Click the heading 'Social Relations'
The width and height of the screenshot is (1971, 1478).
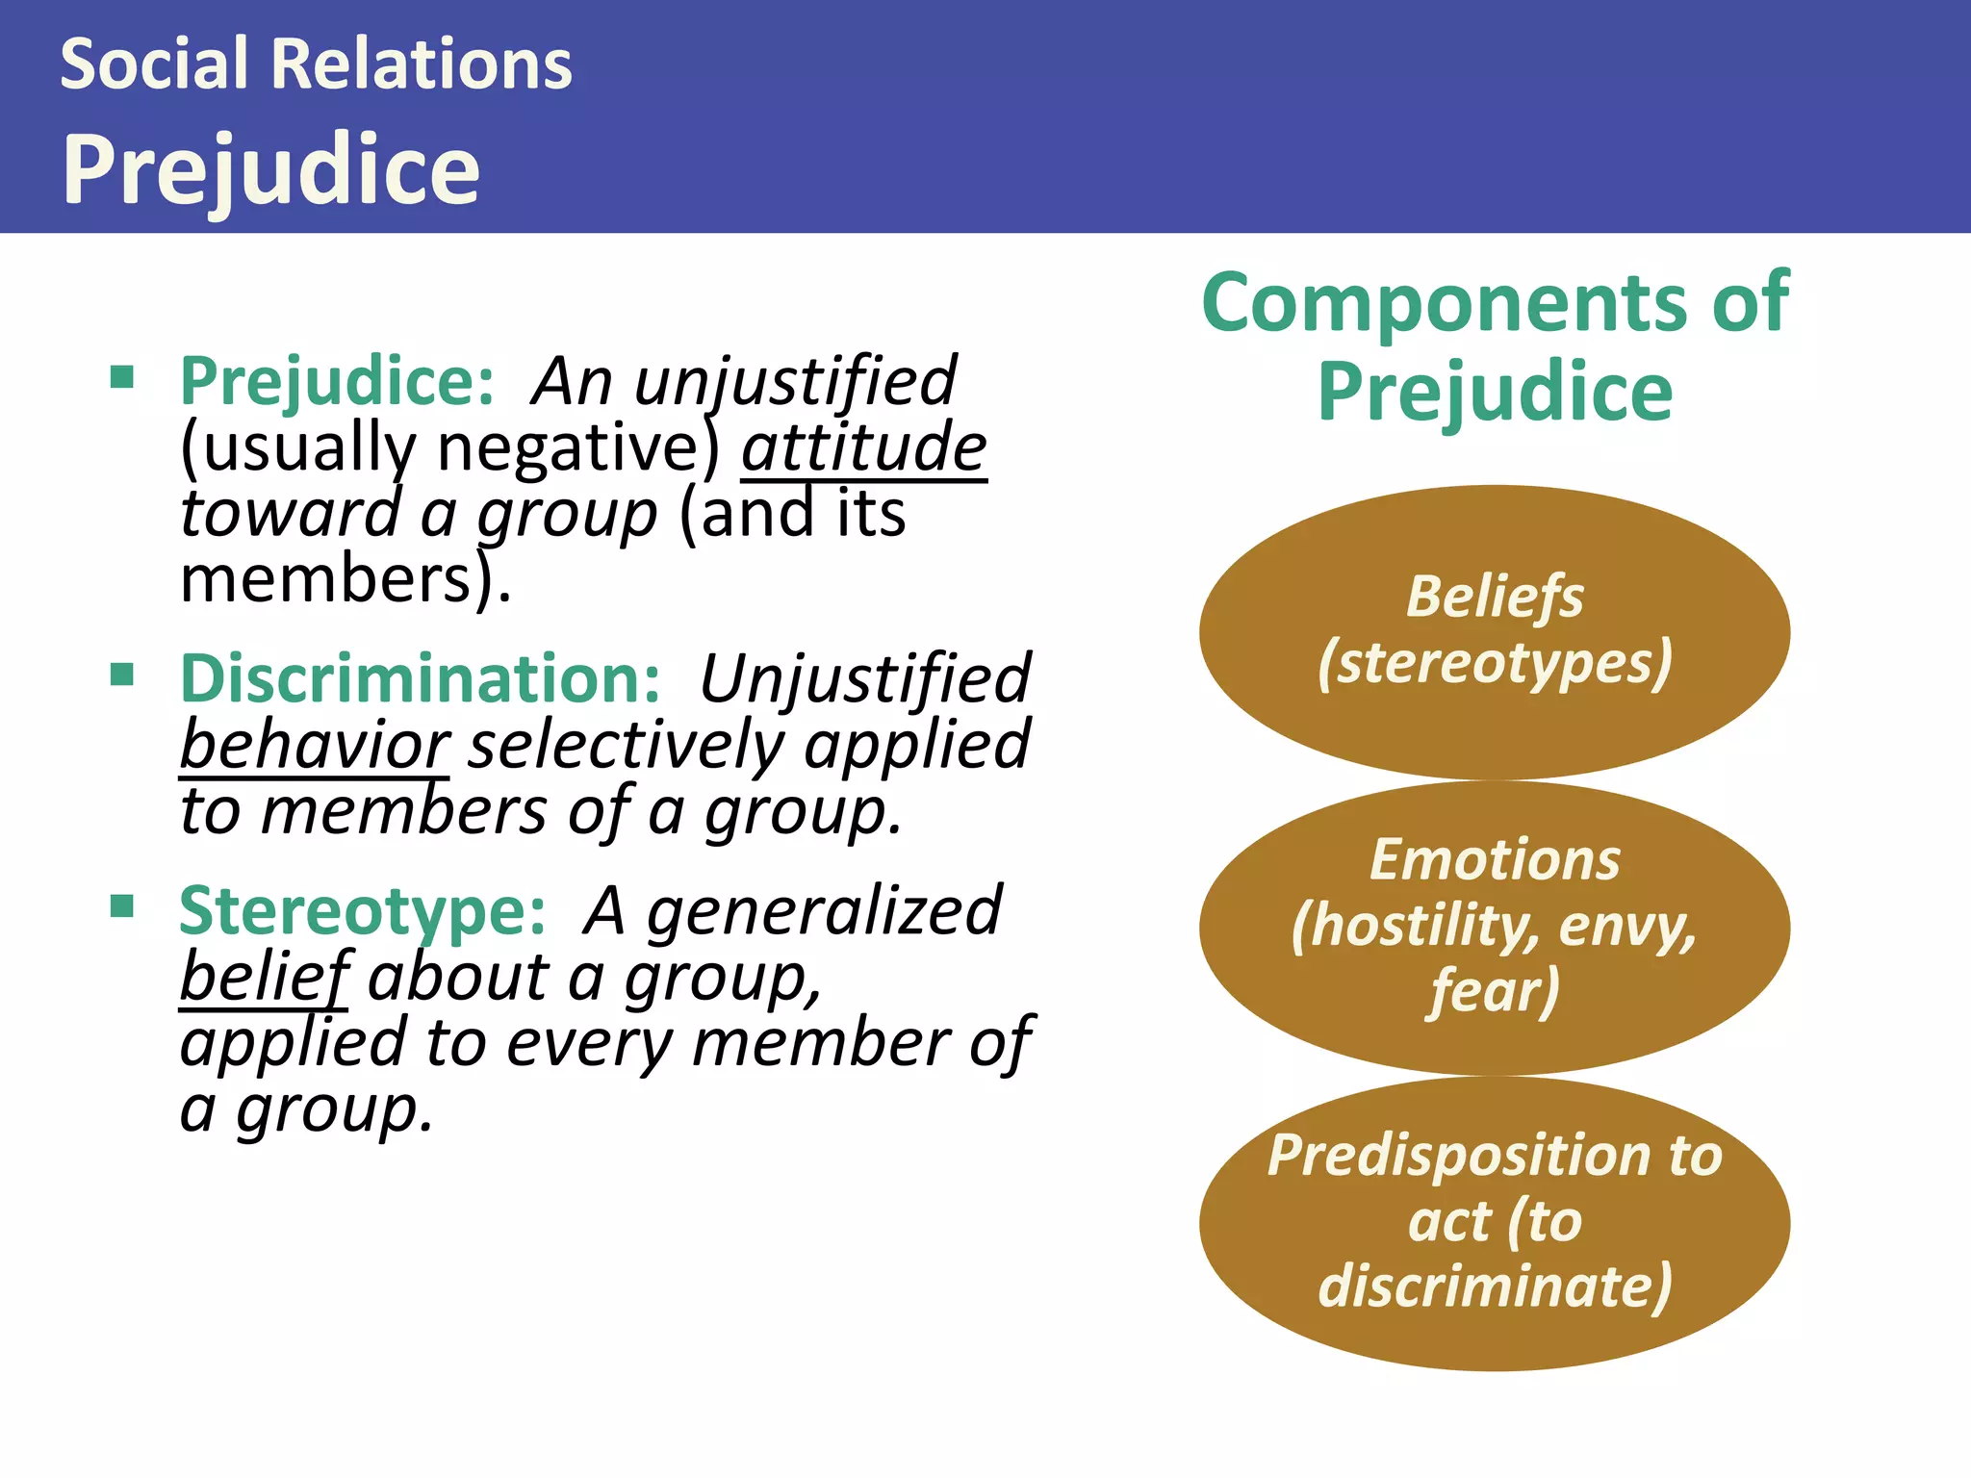(x=316, y=64)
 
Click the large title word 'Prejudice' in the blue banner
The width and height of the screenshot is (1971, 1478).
(x=270, y=169)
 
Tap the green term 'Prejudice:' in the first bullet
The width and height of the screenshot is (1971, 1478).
(x=337, y=382)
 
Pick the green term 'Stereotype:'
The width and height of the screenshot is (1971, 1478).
(x=363, y=911)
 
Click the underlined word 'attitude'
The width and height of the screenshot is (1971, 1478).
(x=863, y=448)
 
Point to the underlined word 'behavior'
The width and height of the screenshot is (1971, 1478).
(x=314, y=746)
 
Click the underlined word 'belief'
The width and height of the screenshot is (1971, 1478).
(x=264, y=978)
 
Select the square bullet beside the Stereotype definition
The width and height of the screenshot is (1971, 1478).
(x=122, y=905)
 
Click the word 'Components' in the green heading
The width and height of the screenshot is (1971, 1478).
(x=1444, y=303)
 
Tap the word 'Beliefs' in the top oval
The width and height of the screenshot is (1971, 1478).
(x=1495, y=597)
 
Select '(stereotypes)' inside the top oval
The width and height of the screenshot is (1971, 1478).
(x=1495, y=663)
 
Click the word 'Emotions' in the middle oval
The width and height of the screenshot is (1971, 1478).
(x=1495, y=859)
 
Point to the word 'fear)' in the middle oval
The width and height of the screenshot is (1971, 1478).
(x=1495, y=991)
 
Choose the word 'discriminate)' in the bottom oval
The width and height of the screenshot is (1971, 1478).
(x=1495, y=1287)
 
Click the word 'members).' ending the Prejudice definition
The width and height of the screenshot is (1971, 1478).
(x=346, y=580)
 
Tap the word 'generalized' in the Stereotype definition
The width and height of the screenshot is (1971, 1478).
(x=824, y=911)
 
